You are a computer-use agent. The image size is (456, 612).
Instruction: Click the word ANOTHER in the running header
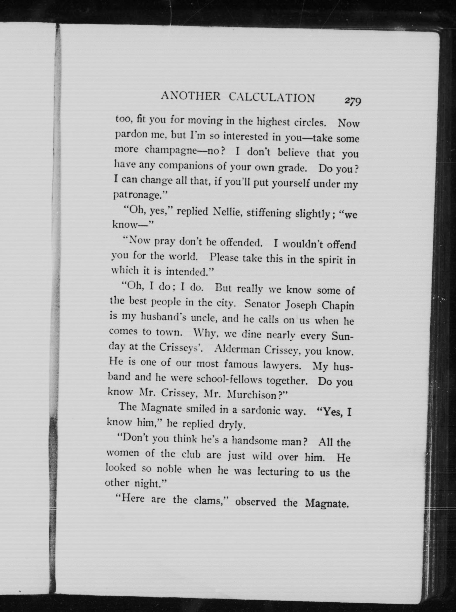[191, 96]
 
